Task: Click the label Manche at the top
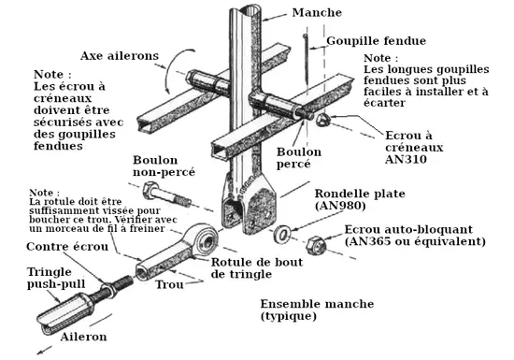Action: (x=317, y=12)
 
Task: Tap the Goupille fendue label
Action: (x=377, y=40)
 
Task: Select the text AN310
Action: (x=406, y=159)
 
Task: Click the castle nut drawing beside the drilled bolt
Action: (x=323, y=120)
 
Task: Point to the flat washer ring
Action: (x=282, y=234)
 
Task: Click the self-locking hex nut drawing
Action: (x=316, y=245)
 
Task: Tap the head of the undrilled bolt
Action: (x=150, y=190)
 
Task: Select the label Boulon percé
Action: (x=299, y=158)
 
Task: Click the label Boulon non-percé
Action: (x=164, y=166)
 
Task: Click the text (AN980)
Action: (x=340, y=206)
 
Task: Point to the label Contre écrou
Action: (x=67, y=247)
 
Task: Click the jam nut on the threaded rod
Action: (x=107, y=288)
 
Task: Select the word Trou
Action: (x=169, y=284)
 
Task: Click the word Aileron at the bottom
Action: (x=83, y=337)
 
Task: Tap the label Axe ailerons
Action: (x=120, y=56)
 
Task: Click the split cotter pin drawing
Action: (x=307, y=58)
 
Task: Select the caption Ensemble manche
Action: (x=317, y=304)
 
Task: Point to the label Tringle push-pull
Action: (x=56, y=278)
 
